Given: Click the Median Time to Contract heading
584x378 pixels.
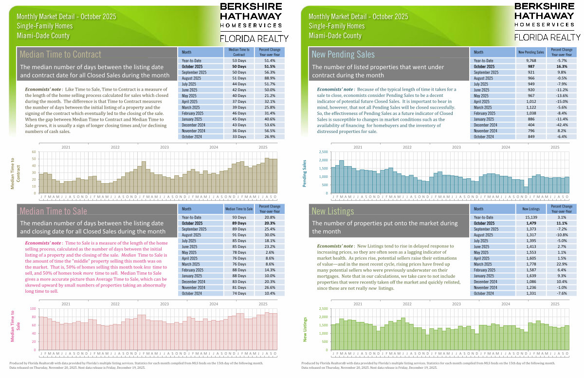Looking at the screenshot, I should click(x=60, y=54).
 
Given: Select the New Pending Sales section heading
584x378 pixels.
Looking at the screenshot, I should click(x=343, y=54).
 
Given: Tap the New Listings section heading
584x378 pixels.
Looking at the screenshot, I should click(x=333, y=211).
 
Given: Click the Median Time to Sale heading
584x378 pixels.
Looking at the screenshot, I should click(x=54, y=211).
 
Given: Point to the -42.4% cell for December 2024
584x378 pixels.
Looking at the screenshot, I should click(x=562, y=125).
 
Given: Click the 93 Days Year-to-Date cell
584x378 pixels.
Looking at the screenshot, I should click(x=238, y=217).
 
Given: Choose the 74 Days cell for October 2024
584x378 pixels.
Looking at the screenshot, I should click(x=238, y=293).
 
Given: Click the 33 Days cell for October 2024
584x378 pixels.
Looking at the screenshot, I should click(x=238, y=136).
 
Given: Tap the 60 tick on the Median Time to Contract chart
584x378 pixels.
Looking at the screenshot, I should click(x=34, y=152).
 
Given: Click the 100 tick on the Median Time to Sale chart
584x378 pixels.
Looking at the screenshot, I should click(x=33, y=309).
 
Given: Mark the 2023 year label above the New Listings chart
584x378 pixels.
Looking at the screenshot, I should click(x=456, y=303).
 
